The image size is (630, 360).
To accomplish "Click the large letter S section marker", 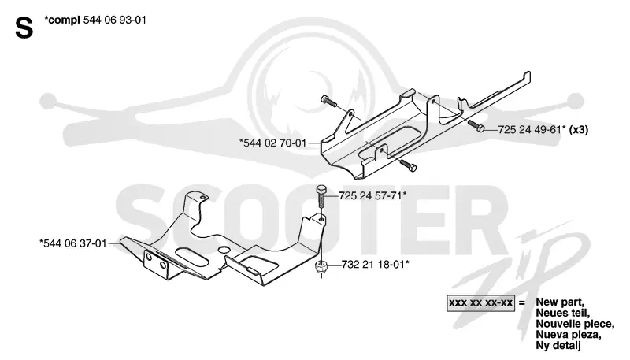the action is point(24,28).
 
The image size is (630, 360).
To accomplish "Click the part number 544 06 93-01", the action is point(114,20).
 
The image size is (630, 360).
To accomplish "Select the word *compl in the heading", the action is point(62,20).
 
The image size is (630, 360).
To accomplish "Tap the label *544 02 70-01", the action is point(272,143).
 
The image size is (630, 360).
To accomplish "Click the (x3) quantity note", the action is point(579,130).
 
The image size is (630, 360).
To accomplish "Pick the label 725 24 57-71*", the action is point(372,195).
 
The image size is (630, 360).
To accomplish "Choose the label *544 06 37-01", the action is point(73,243).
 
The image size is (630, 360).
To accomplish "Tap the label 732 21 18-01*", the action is point(376,265).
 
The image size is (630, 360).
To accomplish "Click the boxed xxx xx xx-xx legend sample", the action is point(480,302).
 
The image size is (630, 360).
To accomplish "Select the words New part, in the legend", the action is point(560,302).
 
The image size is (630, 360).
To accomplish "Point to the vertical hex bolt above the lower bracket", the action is point(321,197).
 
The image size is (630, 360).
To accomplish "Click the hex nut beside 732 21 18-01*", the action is point(321,266).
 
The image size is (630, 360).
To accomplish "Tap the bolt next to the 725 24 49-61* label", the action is point(476,126).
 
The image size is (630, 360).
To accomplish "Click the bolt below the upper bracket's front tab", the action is point(407,165).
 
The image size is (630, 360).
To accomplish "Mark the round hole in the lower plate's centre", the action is point(223,250).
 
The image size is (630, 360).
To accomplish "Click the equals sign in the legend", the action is point(522,302).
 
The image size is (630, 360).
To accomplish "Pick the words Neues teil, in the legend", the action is point(562,313).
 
